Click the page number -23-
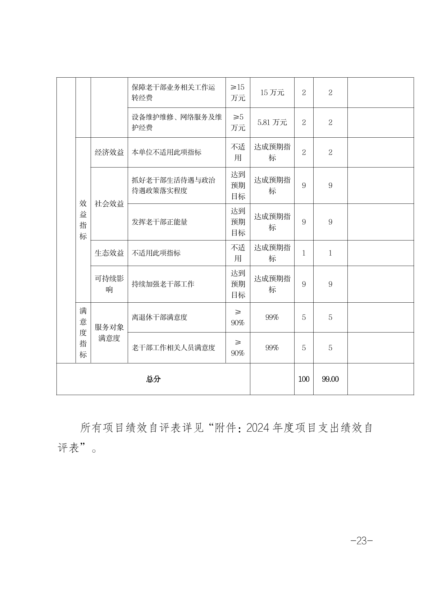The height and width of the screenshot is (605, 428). click(361, 541)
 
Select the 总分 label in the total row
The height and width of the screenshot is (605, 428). click(153, 379)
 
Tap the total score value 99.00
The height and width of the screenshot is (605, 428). click(330, 379)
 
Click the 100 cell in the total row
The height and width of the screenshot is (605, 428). click(304, 379)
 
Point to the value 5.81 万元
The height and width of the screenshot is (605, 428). click(272, 122)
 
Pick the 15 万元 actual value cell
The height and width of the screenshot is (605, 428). click(272, 92)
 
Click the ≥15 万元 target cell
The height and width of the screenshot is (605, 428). click(238, 92)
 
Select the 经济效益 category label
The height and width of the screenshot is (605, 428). click(109, 152)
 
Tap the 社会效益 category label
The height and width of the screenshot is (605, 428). click(109, 204)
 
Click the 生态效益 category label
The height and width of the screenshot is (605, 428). click(109, 253)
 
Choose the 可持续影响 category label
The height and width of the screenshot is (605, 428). click(109, 284)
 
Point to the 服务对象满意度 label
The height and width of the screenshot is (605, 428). click(109, 333)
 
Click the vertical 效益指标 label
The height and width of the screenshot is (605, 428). click(83, 220)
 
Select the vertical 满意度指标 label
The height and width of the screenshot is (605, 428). click(83, 333)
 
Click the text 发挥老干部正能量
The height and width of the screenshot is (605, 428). click(160, 222)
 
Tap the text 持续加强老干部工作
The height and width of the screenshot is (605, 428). click(163, 284)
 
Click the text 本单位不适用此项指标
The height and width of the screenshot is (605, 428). click(167, 152)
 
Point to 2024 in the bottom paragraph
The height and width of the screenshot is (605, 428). click(259, 428)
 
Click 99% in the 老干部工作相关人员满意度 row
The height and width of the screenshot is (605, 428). click(272, 348)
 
